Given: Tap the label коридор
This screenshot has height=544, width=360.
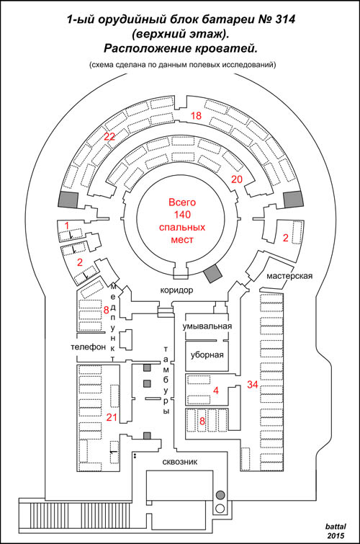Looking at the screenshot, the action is [x=176, y=290].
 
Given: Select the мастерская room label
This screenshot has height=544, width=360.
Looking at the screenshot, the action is [x=289, y=276].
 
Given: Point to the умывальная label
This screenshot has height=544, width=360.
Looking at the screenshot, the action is [x=207, y=326].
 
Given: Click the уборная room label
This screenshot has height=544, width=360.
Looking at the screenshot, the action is [x=207, y=355].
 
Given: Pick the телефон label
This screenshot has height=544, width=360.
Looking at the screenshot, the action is [x=88, y=347].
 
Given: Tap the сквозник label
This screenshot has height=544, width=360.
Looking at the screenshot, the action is [x=180, y=462].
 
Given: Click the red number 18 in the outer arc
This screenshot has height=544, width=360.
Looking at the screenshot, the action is [x=196, y=115].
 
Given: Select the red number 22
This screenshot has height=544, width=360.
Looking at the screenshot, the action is [x=109, y=136].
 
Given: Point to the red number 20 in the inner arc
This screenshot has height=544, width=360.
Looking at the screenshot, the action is [x=237, y=179].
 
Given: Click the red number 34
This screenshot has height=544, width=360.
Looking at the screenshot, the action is [x=253, y=385].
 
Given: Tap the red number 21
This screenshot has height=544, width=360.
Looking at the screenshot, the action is [x=112, y=417].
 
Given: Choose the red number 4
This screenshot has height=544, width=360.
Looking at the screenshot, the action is [x=216, y=391].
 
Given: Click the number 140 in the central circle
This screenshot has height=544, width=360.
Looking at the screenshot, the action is [x=182, y=215].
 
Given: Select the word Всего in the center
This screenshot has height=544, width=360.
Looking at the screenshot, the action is [x=182, y=202].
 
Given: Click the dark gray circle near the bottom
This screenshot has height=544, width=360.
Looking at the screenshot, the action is [x=220, y=495].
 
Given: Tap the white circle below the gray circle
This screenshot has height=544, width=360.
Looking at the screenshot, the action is [x=220, y=509].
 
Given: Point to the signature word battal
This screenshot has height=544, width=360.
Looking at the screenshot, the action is [x=336, y=527].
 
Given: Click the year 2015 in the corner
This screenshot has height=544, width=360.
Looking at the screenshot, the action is [x=336, y=535].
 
